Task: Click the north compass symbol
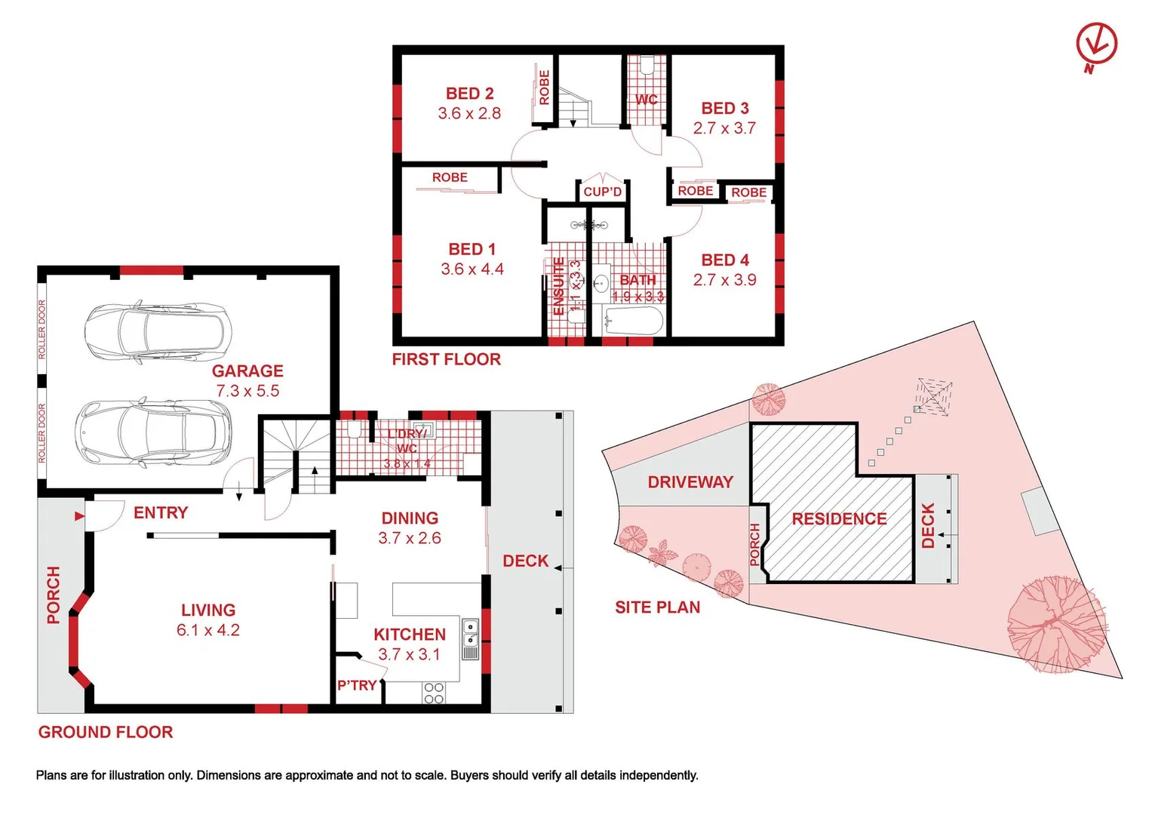(x=1096, y=45)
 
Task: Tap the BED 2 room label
(x=469, y=94)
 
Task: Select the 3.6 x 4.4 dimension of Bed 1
(x=472, y=269)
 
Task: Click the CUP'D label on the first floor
(x=602, y=192)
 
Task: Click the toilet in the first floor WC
(x=646, y=66)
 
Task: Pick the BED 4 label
(x=724, y=260)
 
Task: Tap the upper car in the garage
(x=155, y=333)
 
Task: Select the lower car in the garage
(x=154, y=432)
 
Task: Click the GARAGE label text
(x=247, y=371)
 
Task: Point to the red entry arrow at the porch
(x=78, y=516)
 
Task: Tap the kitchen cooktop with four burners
(x=434, y=693)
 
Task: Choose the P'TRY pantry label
(x=357, y=685)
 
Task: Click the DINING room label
(x=410, y=518)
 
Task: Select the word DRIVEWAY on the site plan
(x=690, y=482)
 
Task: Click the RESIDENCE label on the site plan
(x=839, y=519)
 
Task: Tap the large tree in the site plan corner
(x=1056, y=625)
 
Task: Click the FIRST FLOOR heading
(x=446, y=360)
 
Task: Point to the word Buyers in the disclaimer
(x=471, y=776)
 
